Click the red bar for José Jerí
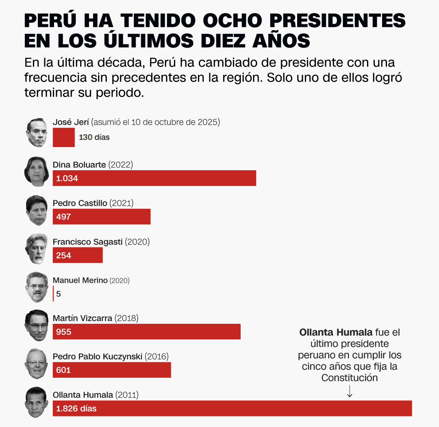(64, 137)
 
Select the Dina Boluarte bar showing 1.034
(154, 178)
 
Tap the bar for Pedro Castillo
(102, 217)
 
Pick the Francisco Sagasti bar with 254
(78, 255)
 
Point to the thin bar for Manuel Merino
(53, 293)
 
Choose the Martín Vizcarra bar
(147, 332)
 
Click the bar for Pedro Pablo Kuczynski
(112, 370)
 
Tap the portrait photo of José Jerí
(37, 132)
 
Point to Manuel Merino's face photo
(37, 287)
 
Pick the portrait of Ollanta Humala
(37, 402)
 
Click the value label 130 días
(94, 137)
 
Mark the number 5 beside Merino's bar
(59, 294)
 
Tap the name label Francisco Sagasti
(87, 242)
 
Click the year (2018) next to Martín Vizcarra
(126, 318)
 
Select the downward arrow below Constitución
(349, 391)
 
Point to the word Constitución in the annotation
(349, 378)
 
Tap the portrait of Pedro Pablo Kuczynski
(37, 364)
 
